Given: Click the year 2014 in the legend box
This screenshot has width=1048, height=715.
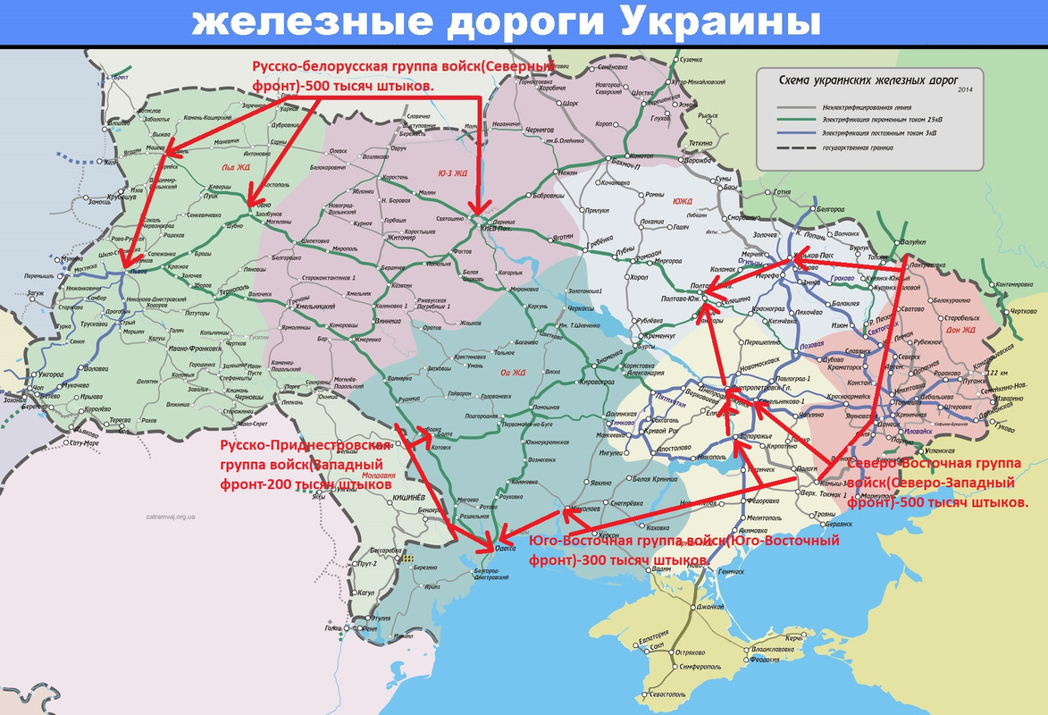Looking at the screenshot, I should point(964,89).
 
